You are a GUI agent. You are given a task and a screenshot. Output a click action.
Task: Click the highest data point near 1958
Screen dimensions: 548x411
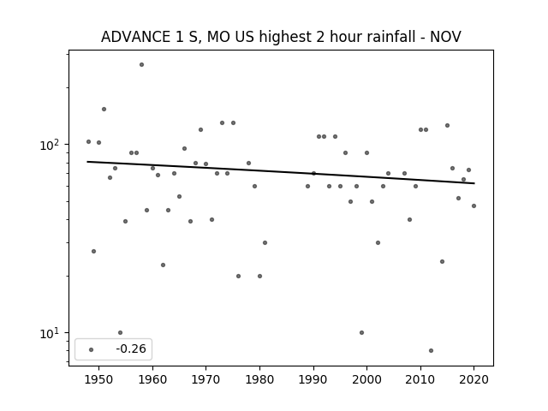(x=141, y=65)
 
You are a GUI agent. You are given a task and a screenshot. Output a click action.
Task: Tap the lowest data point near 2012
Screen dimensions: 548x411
(x=431, y=350)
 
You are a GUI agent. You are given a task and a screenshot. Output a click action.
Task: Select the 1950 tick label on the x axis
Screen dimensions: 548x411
(x=99, y=379)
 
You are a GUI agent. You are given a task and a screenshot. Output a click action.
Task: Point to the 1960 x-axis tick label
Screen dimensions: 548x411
(x=152, y=379)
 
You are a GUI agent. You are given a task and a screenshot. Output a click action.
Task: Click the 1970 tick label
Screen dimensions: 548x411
(x=205, y=379)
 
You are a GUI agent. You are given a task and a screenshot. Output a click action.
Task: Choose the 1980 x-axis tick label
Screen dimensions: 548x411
(x=259, y=379)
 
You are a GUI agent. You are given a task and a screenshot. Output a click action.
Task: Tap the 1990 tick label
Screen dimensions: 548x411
(x=313, y=379)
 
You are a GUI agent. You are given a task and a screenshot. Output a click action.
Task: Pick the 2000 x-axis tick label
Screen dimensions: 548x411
(x=366, y=379)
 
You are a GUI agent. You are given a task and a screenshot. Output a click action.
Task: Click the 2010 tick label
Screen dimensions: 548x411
(x=420, y=379)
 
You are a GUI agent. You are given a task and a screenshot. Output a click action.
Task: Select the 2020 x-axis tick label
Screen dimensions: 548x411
(x=474, y=379)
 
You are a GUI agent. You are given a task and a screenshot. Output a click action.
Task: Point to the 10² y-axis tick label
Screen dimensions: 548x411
(x=51, y=145)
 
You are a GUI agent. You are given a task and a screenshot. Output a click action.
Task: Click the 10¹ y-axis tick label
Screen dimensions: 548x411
(x=51, y=333)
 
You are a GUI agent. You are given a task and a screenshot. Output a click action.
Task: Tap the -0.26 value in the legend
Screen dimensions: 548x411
(x=131, y=348)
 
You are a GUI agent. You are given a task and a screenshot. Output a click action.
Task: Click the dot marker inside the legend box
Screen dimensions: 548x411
(x=92, y=349)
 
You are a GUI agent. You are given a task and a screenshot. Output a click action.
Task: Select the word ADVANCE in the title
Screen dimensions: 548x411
(x=135, y=37)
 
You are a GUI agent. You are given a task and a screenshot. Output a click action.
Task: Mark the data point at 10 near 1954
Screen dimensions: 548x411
(x=120, y=333)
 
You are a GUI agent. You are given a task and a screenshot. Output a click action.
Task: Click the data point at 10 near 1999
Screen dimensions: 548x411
(x=361, y=333)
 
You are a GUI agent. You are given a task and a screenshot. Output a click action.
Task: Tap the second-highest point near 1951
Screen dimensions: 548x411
(x=104, y=109)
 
